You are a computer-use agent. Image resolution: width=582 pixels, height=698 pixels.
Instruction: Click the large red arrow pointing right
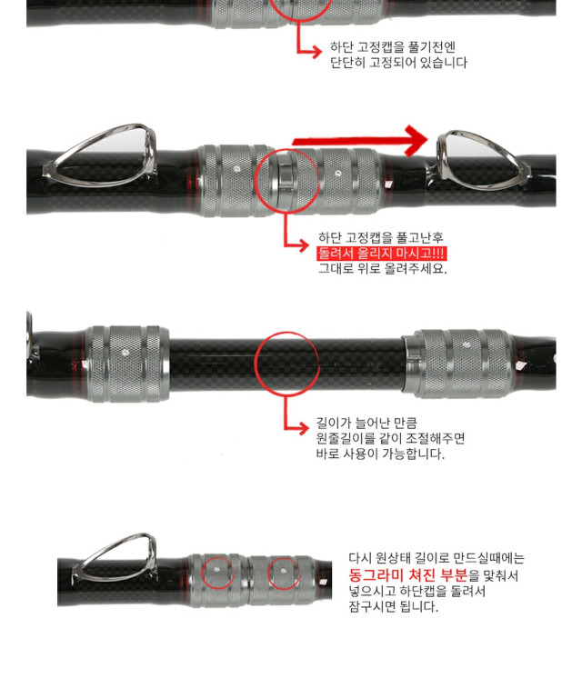[x=360, y=141]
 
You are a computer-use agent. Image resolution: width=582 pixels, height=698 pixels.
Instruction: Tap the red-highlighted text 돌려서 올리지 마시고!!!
[x=381, y=254]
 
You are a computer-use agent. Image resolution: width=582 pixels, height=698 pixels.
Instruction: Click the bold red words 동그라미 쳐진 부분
[x=408, y=575]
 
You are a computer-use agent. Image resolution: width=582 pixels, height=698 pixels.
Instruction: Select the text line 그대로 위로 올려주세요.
[x=383, y=268]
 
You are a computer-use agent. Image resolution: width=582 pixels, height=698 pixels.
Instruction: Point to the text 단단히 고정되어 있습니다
[x=398, y=63]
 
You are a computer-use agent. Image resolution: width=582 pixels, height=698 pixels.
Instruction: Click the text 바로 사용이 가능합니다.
[x=380, y=454]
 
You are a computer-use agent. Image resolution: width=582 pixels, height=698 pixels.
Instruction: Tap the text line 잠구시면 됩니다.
[x=393, y=606]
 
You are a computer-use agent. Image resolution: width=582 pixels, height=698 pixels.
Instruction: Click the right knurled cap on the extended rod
[x=459, y=364]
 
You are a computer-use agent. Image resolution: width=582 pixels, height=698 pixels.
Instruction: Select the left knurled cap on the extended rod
[x=127, y=364]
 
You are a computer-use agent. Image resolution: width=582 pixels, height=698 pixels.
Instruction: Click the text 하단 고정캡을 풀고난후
[x=381, y=237]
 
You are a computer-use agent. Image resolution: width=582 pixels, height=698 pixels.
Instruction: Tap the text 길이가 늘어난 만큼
[x=366, y=423]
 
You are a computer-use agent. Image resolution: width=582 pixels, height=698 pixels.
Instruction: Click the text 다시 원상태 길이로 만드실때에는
[x=436, y=558]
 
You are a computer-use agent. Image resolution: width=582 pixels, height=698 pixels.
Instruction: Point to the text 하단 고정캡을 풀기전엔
[x=393, y=46]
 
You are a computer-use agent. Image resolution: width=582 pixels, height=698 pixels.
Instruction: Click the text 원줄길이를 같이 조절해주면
[x=390, y=438]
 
